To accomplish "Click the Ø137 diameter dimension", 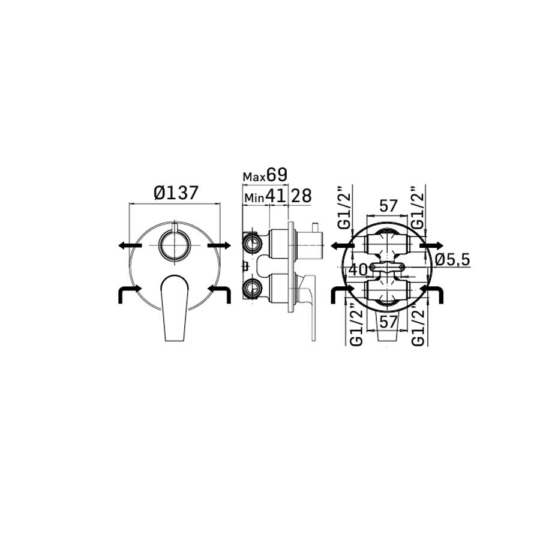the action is [176, 193].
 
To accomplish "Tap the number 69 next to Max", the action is [277, 175].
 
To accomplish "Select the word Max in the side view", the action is [254, 177].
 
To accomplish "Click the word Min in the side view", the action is [254, 198].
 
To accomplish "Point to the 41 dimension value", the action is [276, 196].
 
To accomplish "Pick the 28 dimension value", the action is [301, 196].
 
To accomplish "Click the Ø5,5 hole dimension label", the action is [452, 260].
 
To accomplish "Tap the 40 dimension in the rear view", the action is [358, 269].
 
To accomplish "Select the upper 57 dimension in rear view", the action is [388, 206].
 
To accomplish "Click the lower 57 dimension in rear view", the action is [388, 322].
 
